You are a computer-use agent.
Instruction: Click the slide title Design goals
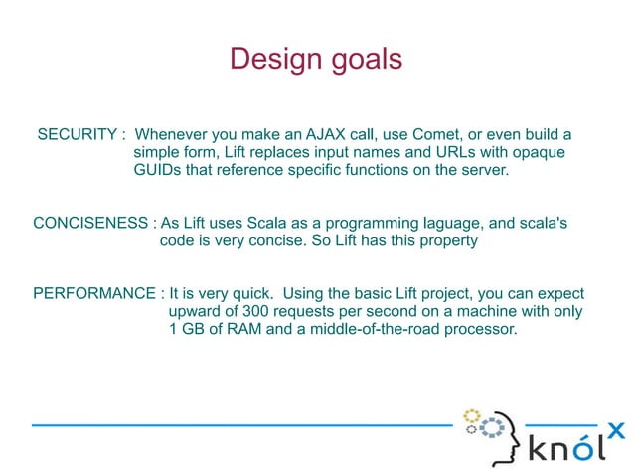coord(316,59)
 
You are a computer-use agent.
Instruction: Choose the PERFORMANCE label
coord(94,294)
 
